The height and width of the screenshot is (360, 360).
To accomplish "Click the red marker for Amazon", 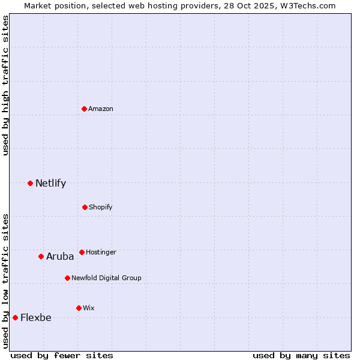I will (85, 109).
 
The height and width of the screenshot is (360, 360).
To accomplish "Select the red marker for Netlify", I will (31, 183).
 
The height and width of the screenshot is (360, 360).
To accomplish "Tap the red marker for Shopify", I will (85, 207).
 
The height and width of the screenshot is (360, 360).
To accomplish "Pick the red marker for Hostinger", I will (82, 252).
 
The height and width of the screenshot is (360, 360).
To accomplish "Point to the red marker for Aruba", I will (41, 256).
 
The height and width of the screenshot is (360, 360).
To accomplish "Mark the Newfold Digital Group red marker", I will (67, 278).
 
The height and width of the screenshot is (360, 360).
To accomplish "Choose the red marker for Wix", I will (79, 308).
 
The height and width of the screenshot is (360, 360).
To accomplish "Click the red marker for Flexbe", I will (15, 317).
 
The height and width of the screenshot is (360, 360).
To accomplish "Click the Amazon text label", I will (101, 109).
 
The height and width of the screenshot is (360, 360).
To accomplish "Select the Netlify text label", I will (50, 183).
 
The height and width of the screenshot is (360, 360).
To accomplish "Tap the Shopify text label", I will (101, 207).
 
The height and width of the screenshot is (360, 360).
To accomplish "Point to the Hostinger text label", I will (101, 252).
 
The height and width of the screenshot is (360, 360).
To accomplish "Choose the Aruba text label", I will (60, 256).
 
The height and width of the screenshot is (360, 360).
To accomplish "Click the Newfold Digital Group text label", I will (106, 278).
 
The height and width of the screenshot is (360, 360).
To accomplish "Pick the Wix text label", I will (89, 308).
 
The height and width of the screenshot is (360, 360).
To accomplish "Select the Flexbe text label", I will (36, 317).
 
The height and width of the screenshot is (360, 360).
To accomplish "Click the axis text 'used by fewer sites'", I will (62, 355).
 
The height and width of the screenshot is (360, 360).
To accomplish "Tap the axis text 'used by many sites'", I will (301, 355).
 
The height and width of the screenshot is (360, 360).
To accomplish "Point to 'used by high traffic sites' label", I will (5, 85).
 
